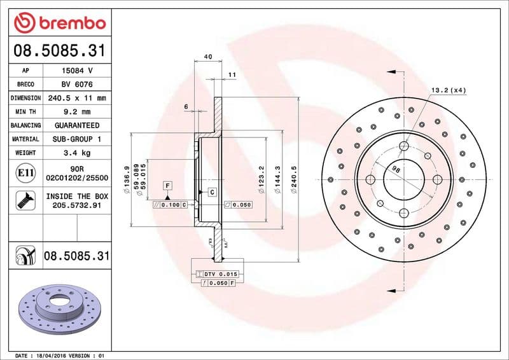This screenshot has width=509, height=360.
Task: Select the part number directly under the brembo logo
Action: [x=59, y=50]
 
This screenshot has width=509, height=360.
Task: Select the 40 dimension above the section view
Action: [x=207, y=57]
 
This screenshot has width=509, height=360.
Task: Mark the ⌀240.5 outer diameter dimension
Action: [x=295, y=179]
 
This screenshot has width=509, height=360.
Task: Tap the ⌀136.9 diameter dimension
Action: [x=127, y=179]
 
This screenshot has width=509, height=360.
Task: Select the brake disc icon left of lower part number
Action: [x=25, y=256]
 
